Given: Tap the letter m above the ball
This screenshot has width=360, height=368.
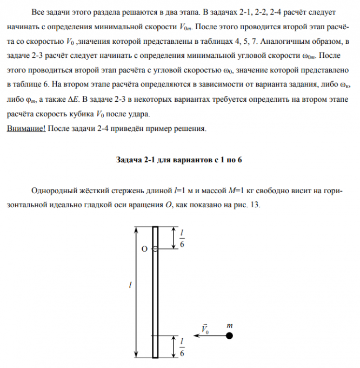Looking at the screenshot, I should click(x=229, y=326).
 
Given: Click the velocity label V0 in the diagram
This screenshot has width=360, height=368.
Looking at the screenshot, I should click(x=205, y=328).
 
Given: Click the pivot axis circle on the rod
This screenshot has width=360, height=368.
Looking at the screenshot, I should click(x=155, y=249).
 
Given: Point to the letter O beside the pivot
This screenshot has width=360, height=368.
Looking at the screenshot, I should click(x=144, y=249).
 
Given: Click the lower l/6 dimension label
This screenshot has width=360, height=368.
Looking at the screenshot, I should click(x=182, y=346).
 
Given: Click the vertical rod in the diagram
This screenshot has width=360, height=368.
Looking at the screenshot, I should click(x=155, y=292).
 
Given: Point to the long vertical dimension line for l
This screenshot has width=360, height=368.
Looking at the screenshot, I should click(x=134, y=292).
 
